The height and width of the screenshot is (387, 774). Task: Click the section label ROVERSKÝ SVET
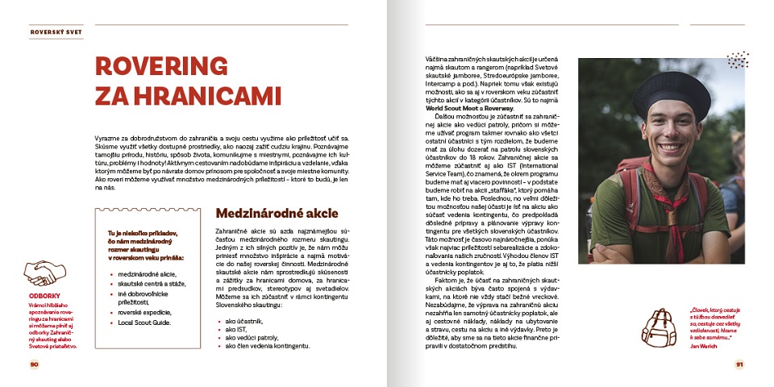pyautogui.click(x=54, y=33)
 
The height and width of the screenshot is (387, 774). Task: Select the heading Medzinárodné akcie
pyautogui.click(x=276, y=214)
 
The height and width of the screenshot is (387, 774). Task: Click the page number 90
pyautogui.click(x=34, y=364)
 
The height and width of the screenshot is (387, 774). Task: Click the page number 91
pyautogui.click(x=739, y=364)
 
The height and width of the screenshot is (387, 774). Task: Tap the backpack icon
pyautogui.click(x=659, y=326)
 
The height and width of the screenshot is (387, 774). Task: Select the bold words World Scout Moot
pyautogui.click(x=452, y=107)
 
